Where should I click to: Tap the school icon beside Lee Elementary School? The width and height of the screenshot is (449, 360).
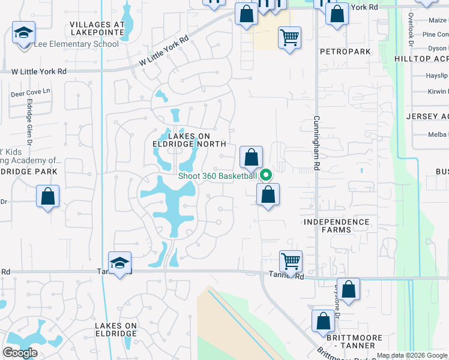pyautogui.click(x=24, y=33)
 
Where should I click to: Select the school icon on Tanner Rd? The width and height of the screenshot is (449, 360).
pyautogui.click(x=120, y=263)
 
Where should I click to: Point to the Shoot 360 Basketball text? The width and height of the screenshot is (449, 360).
pyautogui.click(x=217, y=176)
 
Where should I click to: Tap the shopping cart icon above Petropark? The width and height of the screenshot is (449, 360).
pyautogui.click(x=289, y=38)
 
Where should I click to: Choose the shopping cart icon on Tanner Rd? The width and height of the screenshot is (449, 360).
pyautogui.click(x=291, y=262)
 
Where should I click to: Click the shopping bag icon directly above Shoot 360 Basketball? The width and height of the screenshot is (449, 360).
pyautogui.click(x=252, y=158)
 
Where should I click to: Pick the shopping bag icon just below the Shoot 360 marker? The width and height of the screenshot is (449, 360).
pyautogui.click(x=268, y=194)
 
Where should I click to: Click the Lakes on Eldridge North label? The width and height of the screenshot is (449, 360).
pyautogui.click(x=188, y=140)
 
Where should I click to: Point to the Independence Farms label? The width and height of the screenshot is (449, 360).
pyautogui.click(x=336, y=226)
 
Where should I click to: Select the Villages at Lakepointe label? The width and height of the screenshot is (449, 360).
pyautogui.click(x=97, y=28)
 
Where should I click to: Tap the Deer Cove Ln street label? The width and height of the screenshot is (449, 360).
pyautogui.click(x=31, y=94)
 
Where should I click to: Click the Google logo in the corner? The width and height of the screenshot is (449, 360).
pyautogui.click(x=20, y=353)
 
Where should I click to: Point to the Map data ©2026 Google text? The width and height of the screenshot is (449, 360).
pyautogui.click(x=412, y=355)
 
